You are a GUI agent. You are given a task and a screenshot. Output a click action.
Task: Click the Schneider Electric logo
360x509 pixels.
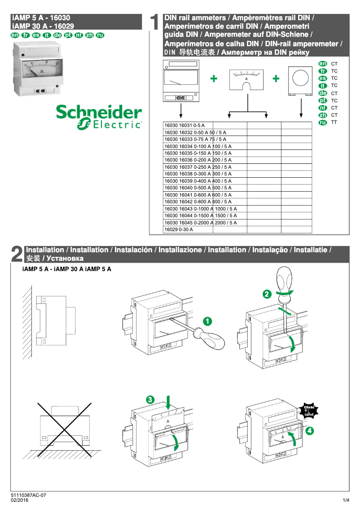pyautogui.click(x=99, y=118)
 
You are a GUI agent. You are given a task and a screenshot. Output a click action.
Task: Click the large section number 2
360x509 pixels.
pyautogui.click(x=17, y=254)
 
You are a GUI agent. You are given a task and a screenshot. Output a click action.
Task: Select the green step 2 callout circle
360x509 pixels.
pyautogui.click(x=267, y=294)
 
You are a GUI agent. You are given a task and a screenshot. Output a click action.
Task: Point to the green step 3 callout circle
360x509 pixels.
pyautogui.click(x=150, y=399)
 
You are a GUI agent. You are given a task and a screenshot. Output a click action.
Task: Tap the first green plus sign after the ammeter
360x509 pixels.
pyautogui.click(x=214, y=79)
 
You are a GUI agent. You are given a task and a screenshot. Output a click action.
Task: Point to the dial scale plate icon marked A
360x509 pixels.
pyautogui.click(x=246, y=79)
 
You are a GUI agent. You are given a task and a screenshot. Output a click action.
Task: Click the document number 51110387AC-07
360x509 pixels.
pyautogui.click(x=28, y=496)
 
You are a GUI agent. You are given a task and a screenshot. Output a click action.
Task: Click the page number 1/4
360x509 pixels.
pyautogui.click(x=346, y=500)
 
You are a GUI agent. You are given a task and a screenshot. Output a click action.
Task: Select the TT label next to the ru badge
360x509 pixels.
pyautogui.click(x=334, y=122)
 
